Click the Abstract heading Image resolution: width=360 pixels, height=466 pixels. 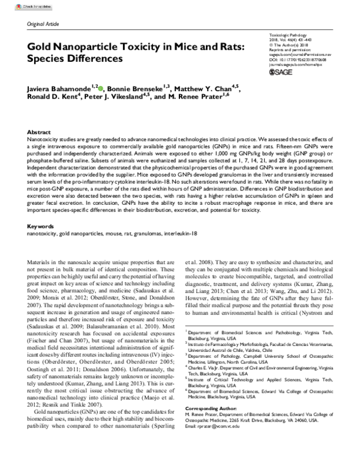pos(40,131)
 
